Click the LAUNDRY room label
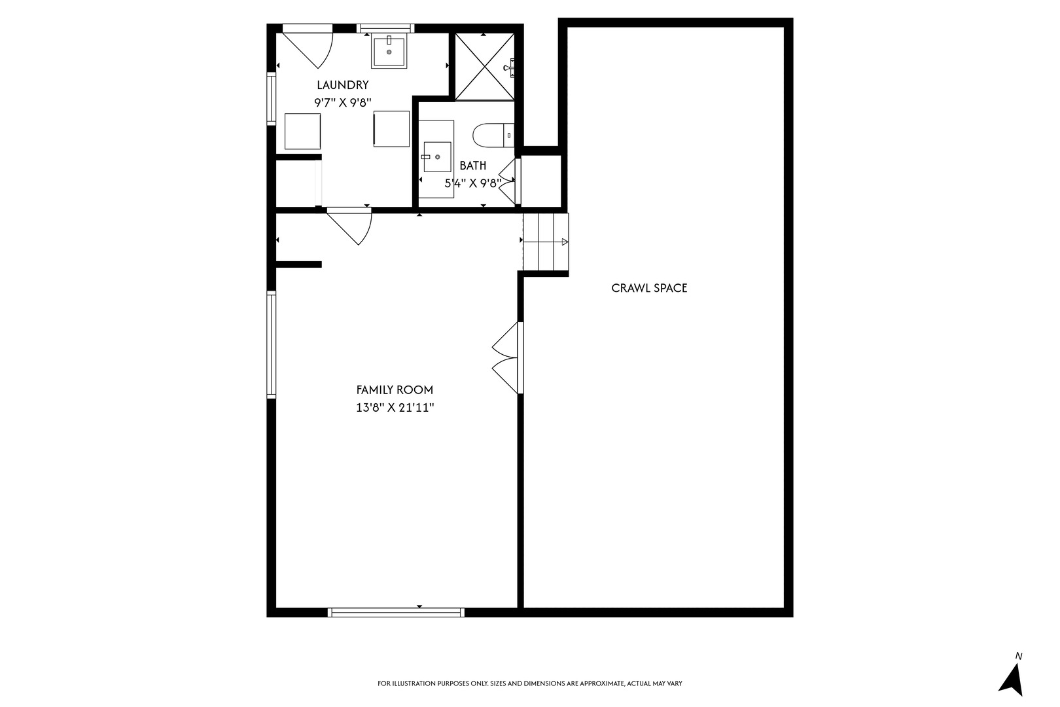coord(342,85)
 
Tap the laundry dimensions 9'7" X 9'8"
coord(342,103)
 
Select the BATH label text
coord(472,166)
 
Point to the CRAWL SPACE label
coord(649,288)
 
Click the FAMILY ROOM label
coord(395,390)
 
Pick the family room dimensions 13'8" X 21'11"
coord(395,408)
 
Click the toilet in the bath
coord(492,135)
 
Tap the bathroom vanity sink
coord(436,158)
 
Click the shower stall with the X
coord(485,67)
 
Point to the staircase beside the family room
coord(546,242)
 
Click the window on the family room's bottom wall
coord(396,613)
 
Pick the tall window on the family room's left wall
coord(271,344)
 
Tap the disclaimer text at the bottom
coord(529,683)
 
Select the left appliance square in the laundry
coord(302,132)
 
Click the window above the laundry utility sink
coord(385,28)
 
